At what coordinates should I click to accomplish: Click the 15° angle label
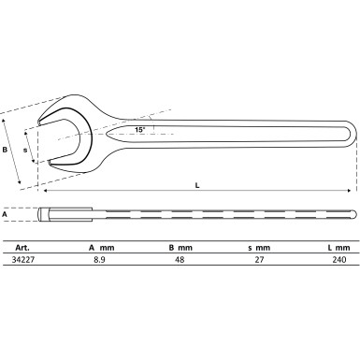pos(138,129)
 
